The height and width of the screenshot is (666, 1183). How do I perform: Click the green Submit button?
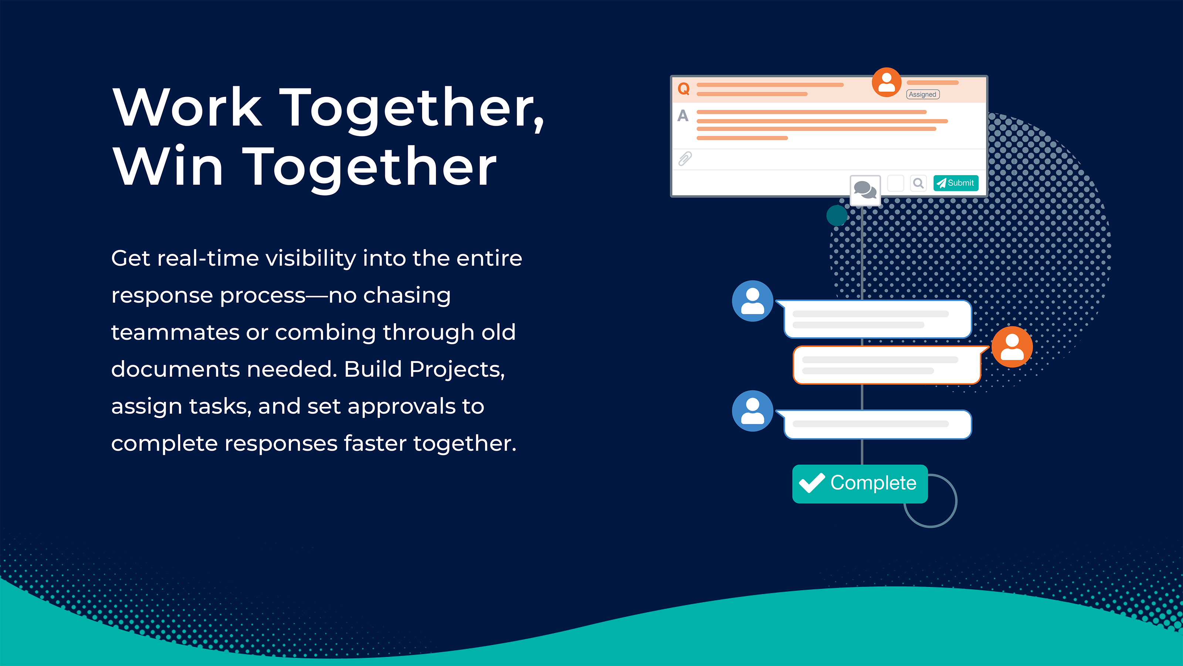coord(956,183)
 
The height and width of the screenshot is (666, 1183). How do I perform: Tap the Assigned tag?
coord(923,94)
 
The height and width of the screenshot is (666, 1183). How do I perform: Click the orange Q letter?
coord(683,88)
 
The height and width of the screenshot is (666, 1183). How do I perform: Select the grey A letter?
coord(683,115)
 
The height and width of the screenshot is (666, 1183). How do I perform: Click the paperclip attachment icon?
coord(685,159)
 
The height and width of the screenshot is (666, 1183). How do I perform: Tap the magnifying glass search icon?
coord(918,183)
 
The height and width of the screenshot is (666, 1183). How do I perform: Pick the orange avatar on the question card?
coord(887,82)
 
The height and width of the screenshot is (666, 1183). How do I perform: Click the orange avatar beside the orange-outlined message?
coord(1012,347)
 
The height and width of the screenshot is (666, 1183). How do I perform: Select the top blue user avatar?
coord(752,301)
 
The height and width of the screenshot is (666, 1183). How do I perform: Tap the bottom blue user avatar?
coord(752,411)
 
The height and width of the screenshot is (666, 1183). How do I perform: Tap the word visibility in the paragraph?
coord(311,258)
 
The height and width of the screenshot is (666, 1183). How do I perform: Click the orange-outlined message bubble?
coord(887,365)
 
